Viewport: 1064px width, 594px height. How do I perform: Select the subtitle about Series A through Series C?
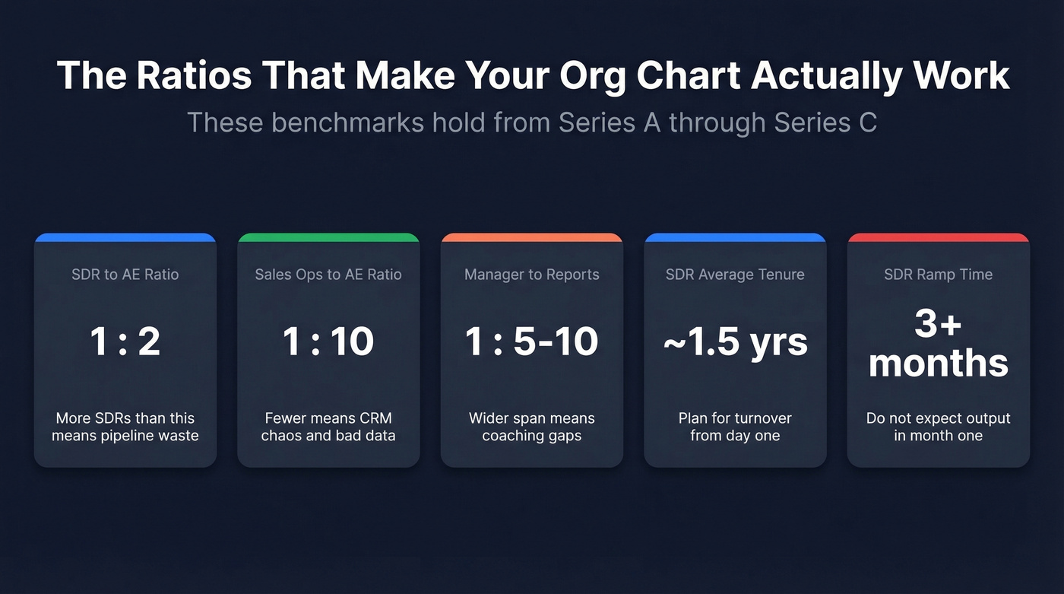coord(532,122)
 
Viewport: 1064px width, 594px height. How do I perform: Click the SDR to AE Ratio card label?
coord(125,275)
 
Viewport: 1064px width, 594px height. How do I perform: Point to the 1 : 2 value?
coord(125,341)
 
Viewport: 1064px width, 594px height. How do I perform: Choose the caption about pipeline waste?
coord(125,427)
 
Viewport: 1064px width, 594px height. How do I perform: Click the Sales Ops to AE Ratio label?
coord(328,275)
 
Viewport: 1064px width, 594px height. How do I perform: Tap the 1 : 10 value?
coord(328,341)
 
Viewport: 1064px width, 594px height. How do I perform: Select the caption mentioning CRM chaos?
coord(328,427)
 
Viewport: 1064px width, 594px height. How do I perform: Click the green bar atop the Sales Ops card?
coord(328,237)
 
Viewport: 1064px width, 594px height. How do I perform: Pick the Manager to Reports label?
coord(532,275)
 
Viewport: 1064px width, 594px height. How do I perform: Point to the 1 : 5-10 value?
coord(532,341)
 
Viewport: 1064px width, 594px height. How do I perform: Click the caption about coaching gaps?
coord(532,427)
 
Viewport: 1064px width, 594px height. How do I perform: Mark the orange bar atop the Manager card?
coord(532,237)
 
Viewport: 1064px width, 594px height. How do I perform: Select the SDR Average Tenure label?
coord(735,275)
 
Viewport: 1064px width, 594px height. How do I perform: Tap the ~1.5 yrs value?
coord(735,342)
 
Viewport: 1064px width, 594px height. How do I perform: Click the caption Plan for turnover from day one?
coord(735,427)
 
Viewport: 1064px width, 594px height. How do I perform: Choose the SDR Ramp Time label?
coord(939,275)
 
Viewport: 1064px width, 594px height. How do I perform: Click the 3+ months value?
coord(939,345)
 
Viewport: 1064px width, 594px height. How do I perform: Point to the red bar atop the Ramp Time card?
coord(939,237)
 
